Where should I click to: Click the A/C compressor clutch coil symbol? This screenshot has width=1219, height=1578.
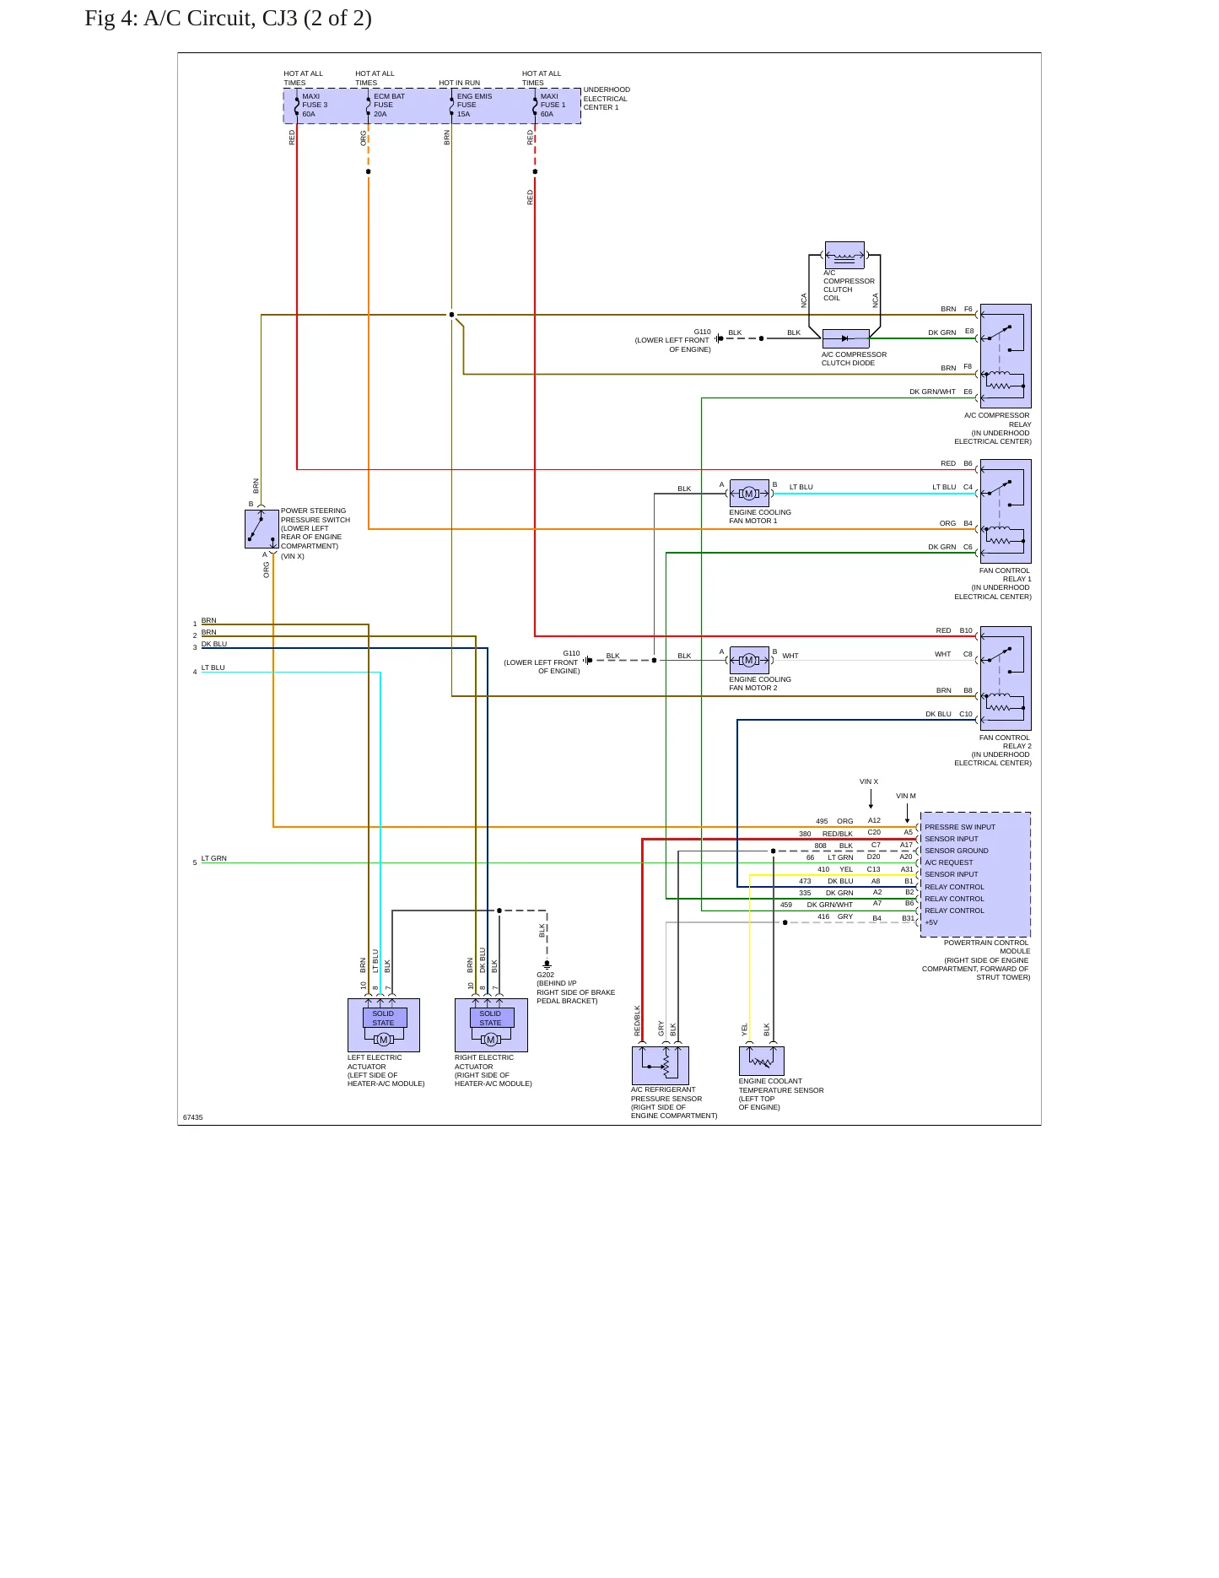(844, 255)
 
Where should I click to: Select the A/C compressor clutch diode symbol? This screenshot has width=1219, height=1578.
(845, 338)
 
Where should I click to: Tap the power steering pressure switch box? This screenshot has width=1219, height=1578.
(262, 529)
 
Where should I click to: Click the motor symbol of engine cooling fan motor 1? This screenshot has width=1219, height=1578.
(749, 494)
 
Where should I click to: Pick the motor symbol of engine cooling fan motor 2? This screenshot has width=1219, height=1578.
(749, 661)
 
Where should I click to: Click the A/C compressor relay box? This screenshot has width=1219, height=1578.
(1006, 356)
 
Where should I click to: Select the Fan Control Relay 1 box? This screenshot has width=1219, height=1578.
(1006, 511)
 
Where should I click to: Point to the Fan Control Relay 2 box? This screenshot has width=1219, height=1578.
(1006, 678)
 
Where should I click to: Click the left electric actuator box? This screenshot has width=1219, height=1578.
(384, 1025)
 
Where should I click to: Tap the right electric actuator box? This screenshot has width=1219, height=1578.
(491, 1025)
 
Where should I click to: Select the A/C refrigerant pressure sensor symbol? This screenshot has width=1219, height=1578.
(661, 1066)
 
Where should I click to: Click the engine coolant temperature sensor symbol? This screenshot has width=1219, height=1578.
(762, 1061)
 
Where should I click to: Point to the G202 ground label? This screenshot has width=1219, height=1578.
(546, 975)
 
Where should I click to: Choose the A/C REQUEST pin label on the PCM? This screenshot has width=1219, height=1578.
(949, 862)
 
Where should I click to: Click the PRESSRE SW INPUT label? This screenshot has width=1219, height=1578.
(960, 827)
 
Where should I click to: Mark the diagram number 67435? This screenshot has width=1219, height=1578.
(193, 1117)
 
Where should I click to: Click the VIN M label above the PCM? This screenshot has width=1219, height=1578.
(906, 796)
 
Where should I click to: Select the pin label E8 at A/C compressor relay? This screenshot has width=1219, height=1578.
(969, 332)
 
